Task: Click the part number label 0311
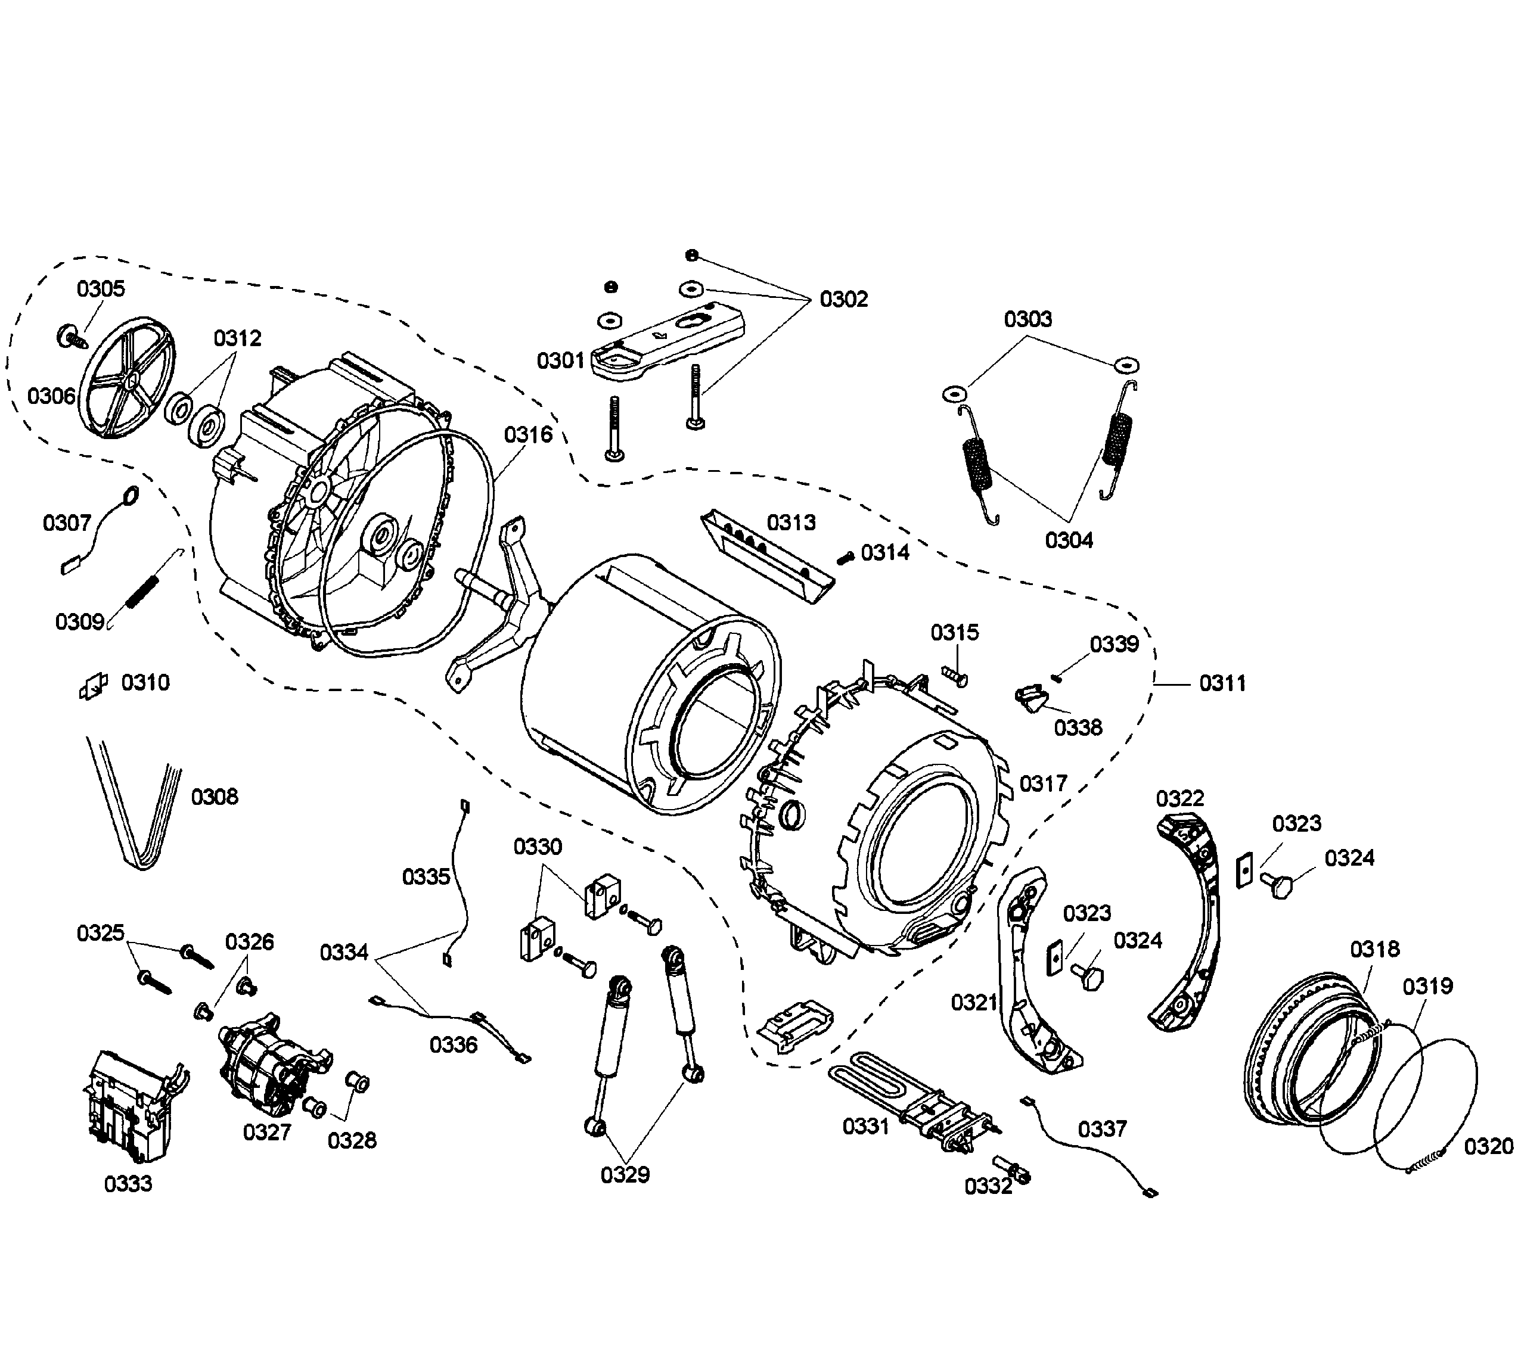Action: (x=1222, y=683)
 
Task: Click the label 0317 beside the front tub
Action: (x=1044, y=784)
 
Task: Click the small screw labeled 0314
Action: (x=845, y=557)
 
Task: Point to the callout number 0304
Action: (x=1069, y=540)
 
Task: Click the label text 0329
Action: (x=625, y=1175)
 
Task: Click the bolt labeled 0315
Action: (x=956, y=676)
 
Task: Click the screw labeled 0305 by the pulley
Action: (x=70, y=337)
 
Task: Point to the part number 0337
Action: (x=1102, y=1130)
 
